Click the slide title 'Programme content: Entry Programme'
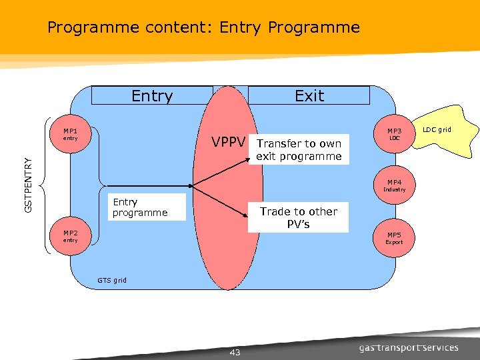pos(203,27)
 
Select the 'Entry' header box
pos(152,95)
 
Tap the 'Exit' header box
pos(309,95)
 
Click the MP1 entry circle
pos(70,135)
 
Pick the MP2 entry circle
pos(70,237)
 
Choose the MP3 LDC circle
pos(394,135)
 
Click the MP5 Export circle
pos(394,238)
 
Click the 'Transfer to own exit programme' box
pos(299,150)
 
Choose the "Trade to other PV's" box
pos(298,217)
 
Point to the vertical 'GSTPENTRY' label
pos(28,185)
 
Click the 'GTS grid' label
pos(111,280)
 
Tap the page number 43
pos(235,352)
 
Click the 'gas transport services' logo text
pos(409,347)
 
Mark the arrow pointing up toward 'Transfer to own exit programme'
pos(223,170)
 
